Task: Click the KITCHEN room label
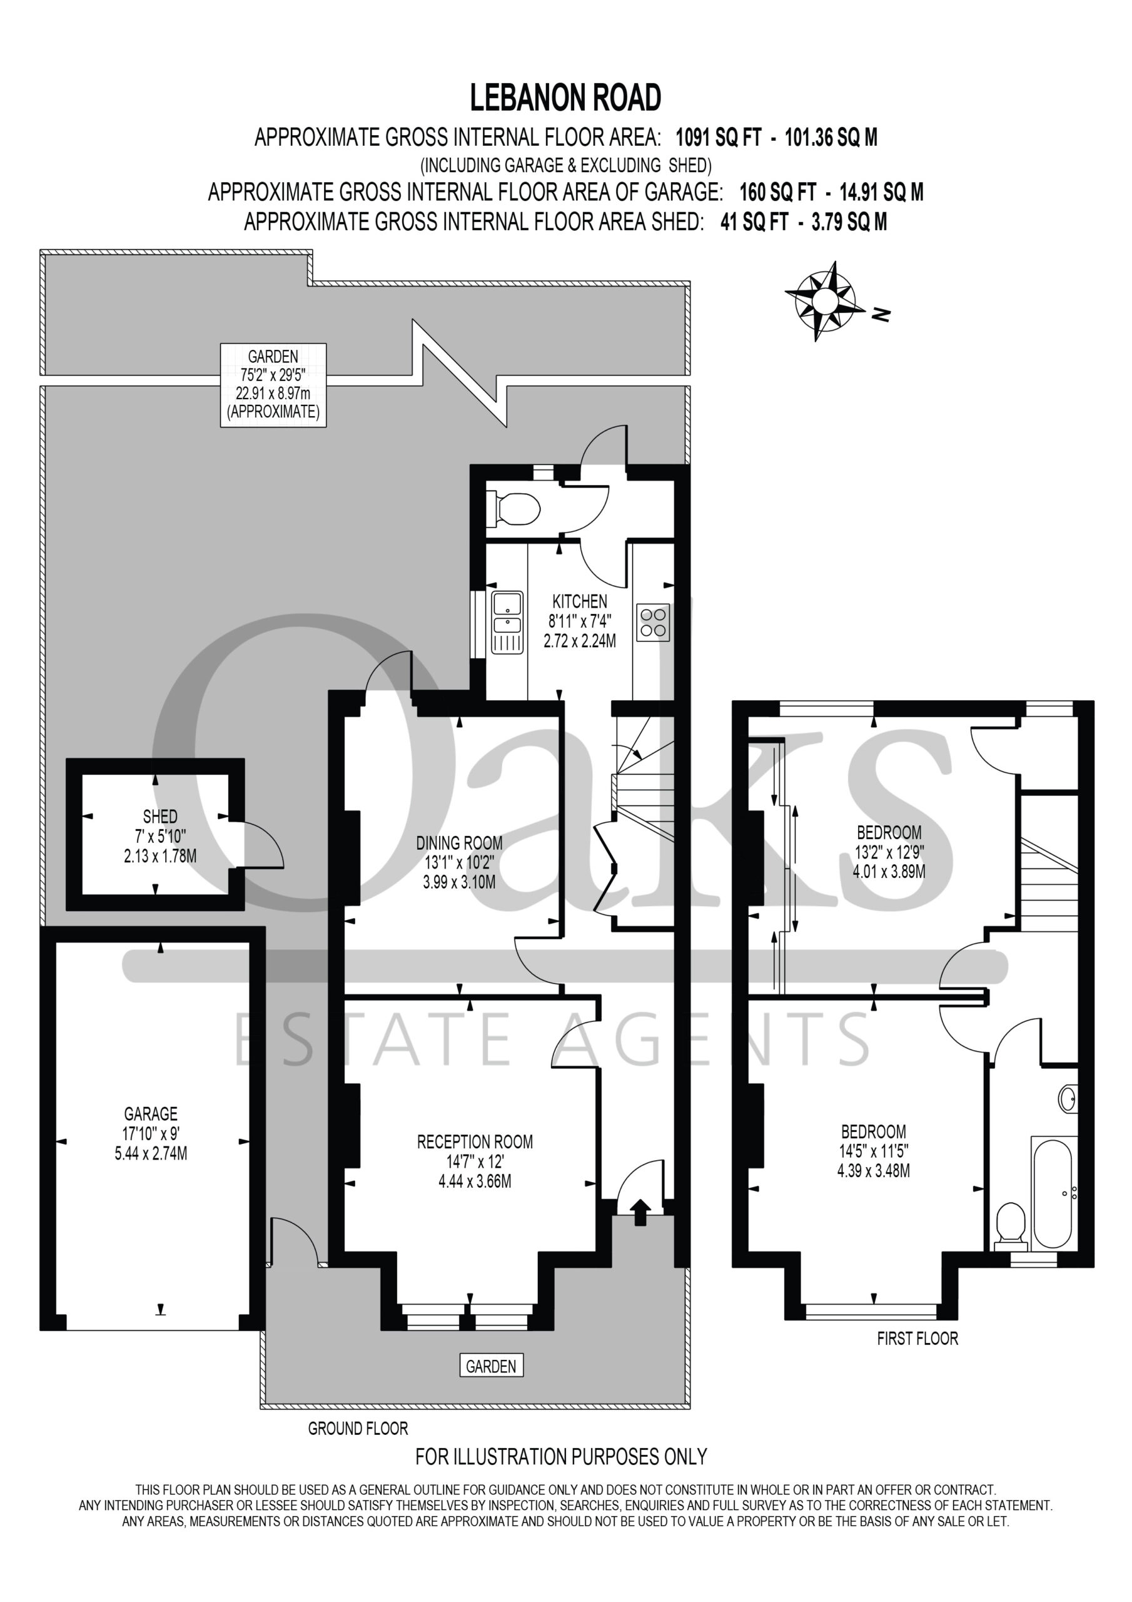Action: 580,601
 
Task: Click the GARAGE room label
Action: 151,1114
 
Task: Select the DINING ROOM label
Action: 459,843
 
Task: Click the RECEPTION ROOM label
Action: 475,1142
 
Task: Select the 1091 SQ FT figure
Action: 719,138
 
